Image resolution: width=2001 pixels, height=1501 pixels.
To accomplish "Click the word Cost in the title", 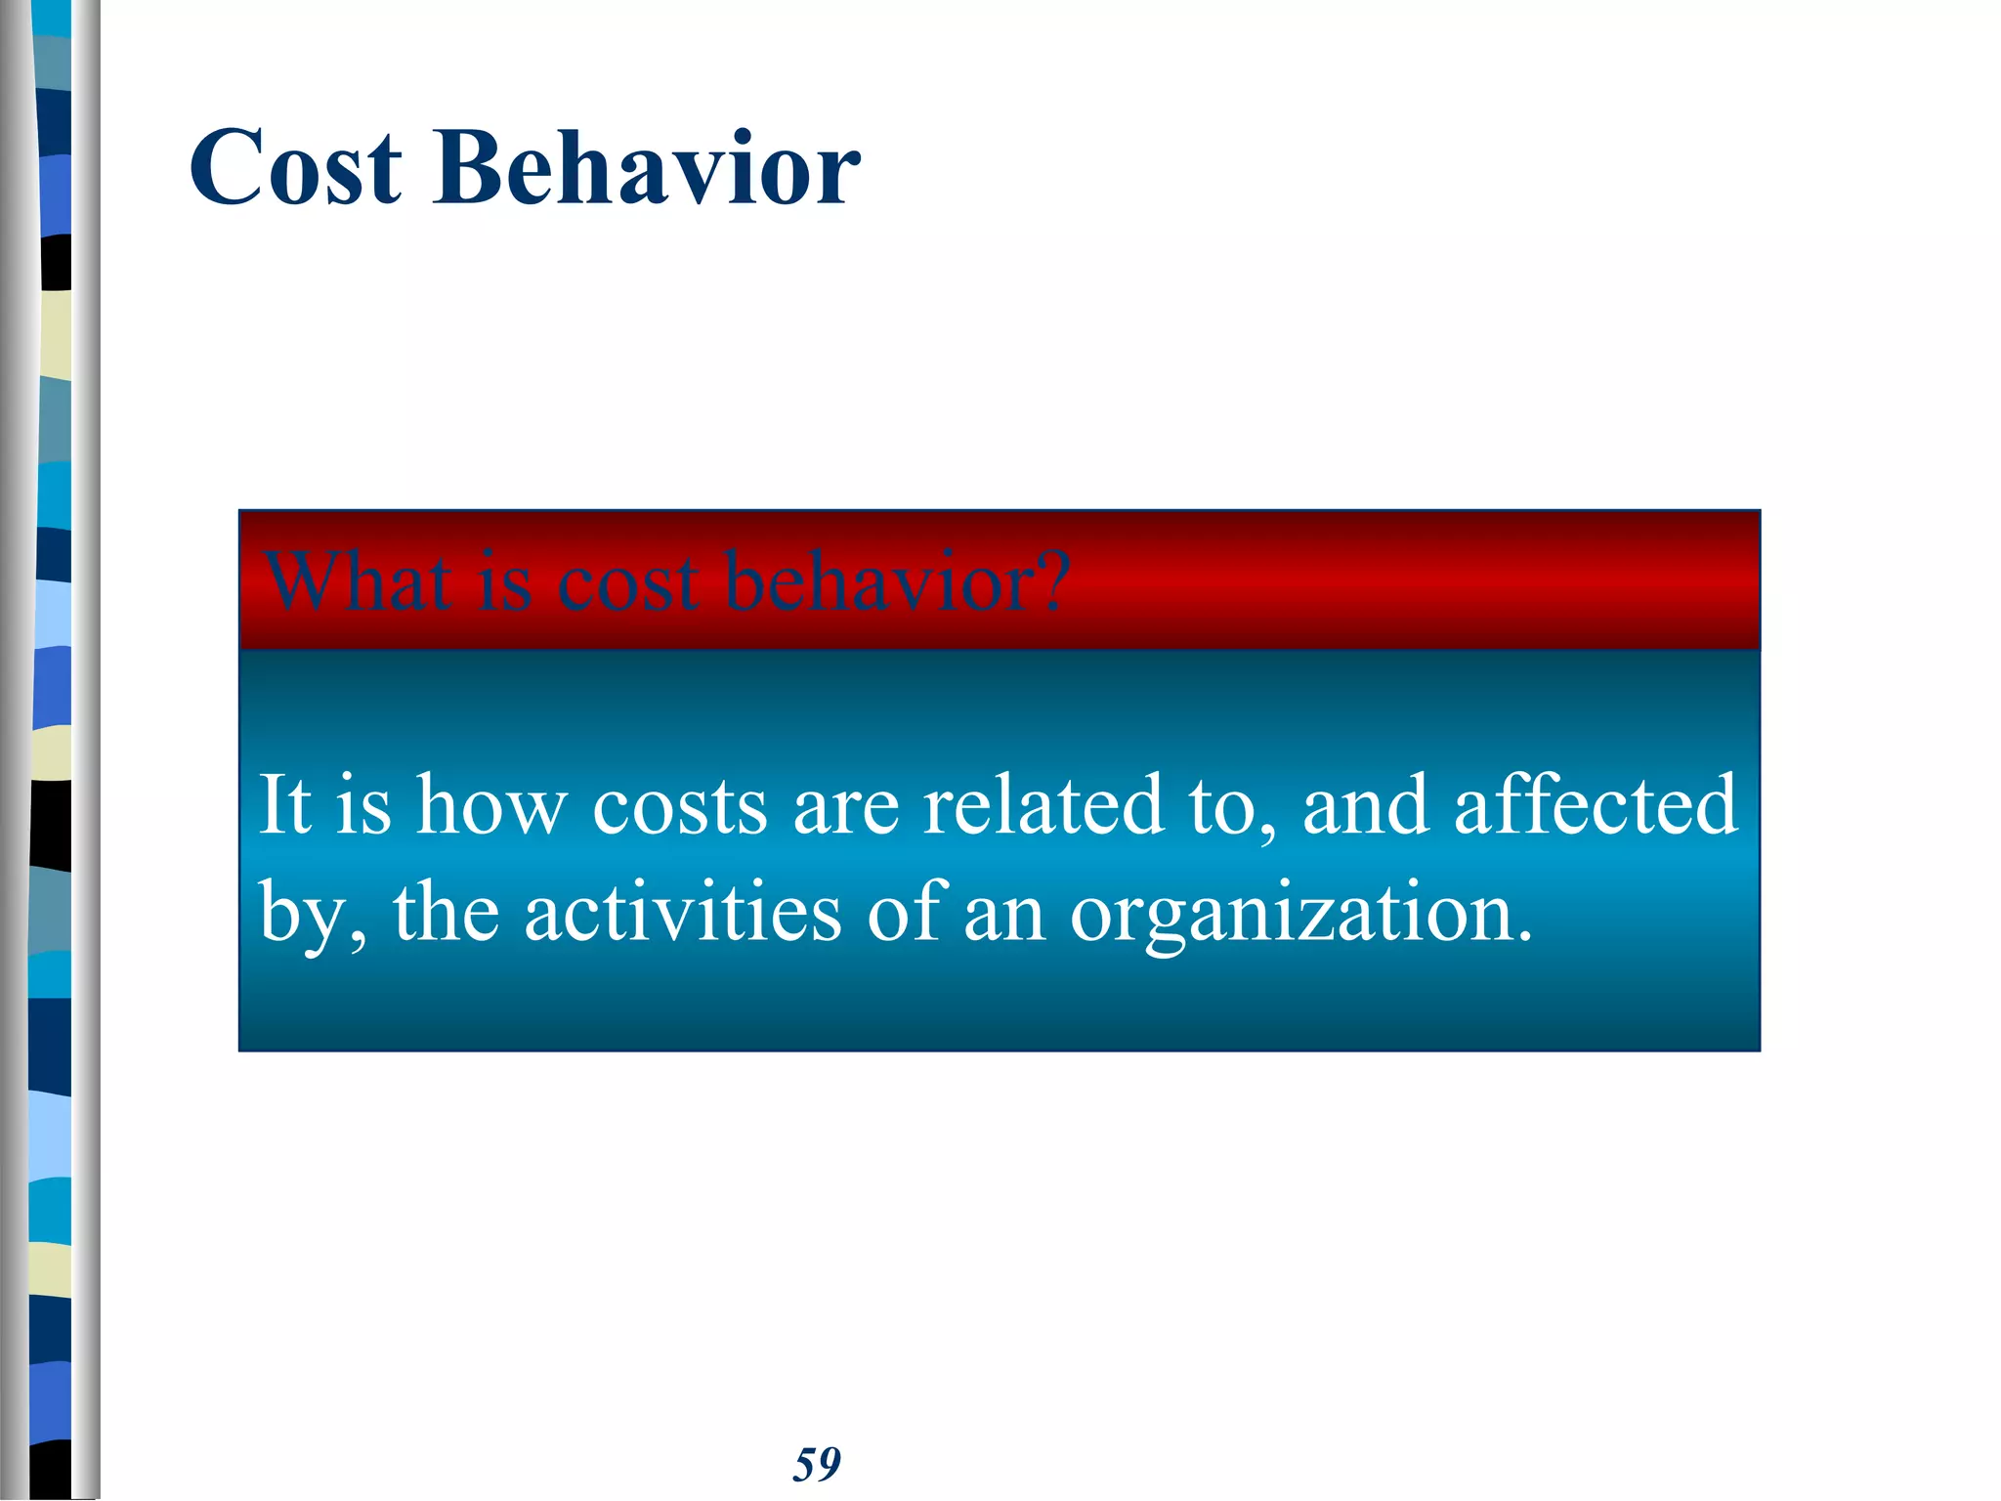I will [x=295, y=168].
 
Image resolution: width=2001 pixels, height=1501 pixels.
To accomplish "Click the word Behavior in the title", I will [x=646, y=168].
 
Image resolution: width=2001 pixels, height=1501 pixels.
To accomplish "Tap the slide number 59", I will [x=817, y=1464].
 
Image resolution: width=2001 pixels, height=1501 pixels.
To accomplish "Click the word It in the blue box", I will [x=283, y=805].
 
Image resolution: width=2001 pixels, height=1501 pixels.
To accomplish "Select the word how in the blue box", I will [x=491, y=807].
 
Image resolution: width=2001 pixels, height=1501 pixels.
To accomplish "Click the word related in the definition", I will [x=1043, y=805].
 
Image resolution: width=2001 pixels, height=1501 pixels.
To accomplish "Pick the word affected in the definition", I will [x=1596, y=805].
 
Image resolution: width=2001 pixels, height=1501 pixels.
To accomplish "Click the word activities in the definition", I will [x=682, y=912].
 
